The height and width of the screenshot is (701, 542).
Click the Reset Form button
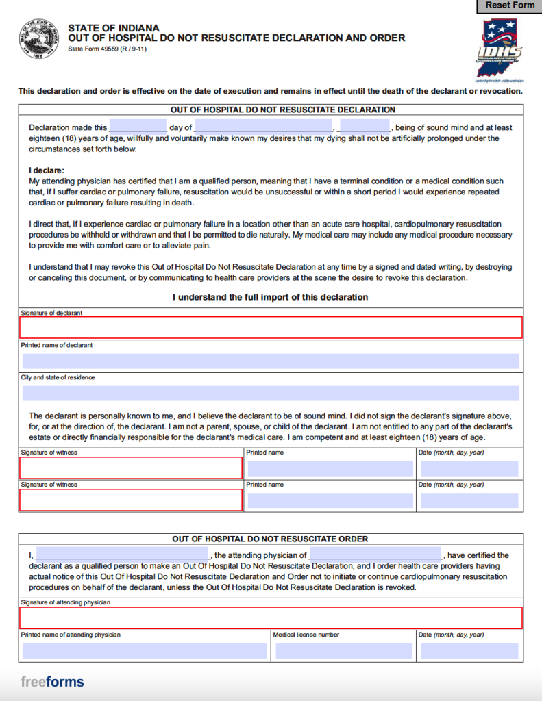click(509, 6)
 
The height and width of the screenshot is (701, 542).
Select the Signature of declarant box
click(271, 328)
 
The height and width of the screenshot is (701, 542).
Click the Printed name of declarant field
click(271, 361)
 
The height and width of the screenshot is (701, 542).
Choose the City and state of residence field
click(271, 393)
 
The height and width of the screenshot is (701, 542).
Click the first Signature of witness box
click(131, 468)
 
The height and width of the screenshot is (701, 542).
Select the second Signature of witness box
click(131, 500)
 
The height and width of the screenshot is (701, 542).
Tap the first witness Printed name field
click(330, 469)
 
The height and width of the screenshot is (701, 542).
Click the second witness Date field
click(469, 500)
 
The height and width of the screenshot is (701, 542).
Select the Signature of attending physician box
click(271, 617)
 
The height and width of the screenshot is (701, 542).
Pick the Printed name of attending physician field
click(145, 651)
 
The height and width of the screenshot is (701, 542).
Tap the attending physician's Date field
click(469, 651)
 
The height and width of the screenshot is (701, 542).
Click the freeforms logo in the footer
click(52, 682)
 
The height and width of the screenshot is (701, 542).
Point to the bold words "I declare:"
click(47, 170)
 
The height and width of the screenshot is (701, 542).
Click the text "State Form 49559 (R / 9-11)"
click(107, 49)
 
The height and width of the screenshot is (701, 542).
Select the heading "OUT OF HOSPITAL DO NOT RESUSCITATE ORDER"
click(270, 539)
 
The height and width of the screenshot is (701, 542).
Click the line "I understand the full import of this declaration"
click(270, 297)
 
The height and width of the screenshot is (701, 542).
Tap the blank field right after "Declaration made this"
click(138, 127)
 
